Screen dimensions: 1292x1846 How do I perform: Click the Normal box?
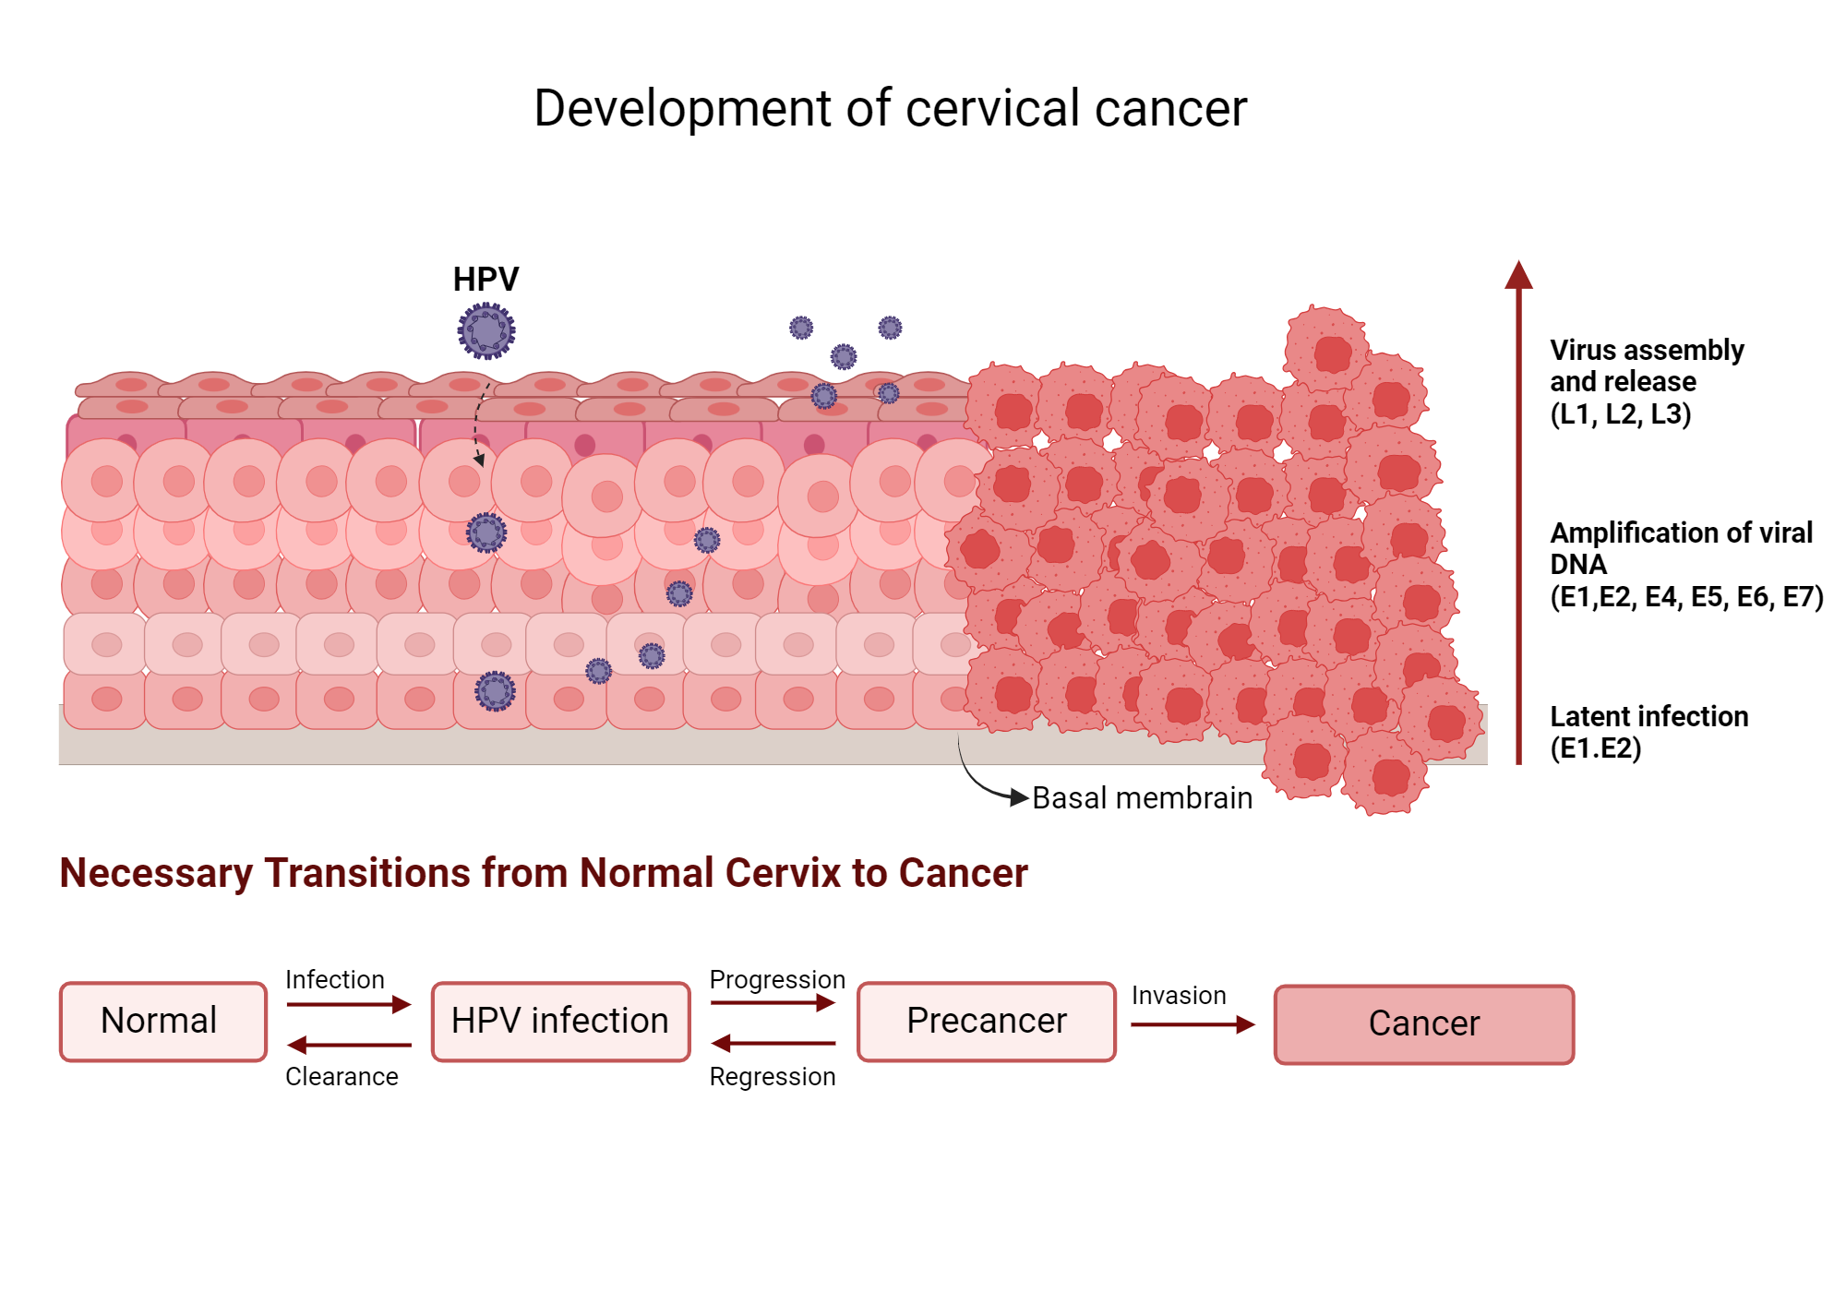[x=162, y=1022]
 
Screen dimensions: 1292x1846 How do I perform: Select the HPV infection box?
[x=560, y=1022]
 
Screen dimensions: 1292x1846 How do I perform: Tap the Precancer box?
[x=986, y=1022]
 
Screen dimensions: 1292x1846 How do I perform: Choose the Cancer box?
[x=1423, y=1024]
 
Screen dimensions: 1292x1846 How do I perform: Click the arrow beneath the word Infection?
[x=348, y=1004]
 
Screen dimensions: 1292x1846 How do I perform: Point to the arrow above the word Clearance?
[x=348, y=1045]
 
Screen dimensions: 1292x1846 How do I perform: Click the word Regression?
[x=772, y=1077]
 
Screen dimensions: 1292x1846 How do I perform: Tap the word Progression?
[x=776, y=979]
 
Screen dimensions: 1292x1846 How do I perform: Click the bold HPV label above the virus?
[x=485, y=279]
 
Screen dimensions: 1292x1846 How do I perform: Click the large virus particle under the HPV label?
[x=486, y=330]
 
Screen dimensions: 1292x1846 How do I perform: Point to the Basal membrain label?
[x=1142, y=798]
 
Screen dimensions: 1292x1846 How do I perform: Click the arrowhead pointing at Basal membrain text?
[x=1019, y=797]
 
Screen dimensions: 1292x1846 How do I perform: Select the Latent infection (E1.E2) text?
[x=1648, y=732]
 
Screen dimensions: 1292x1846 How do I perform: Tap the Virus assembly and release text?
[x=1646, y=381]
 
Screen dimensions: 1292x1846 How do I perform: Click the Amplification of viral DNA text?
[x=1684, y=564]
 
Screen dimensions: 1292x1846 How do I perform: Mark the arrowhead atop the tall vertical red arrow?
[x=1518, y=275]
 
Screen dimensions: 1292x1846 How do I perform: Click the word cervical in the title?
[x=993, y=109]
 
